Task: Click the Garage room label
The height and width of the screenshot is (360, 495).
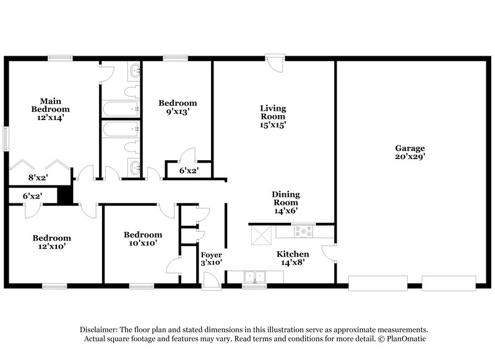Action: point(410,152)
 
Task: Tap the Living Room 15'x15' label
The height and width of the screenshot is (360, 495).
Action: point(272,116)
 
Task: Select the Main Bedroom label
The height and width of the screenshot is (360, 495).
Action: point(50,108)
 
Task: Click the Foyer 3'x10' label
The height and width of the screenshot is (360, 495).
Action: point(211,259)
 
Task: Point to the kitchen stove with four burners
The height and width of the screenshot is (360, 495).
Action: point(304,233)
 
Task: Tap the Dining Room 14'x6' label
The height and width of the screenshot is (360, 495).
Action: point(285,202)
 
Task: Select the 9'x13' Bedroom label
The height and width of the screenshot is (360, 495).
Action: point(178,108)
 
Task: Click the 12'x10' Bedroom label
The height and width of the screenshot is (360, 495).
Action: point(51,242)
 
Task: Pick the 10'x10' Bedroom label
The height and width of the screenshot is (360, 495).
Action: point(143,239)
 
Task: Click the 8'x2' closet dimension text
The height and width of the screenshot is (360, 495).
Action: point(38,177)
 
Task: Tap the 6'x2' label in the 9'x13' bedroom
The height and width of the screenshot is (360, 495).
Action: point(189,170)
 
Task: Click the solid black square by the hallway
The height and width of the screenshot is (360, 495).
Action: point(65,194)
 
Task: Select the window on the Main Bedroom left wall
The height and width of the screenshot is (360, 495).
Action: point(6,138)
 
